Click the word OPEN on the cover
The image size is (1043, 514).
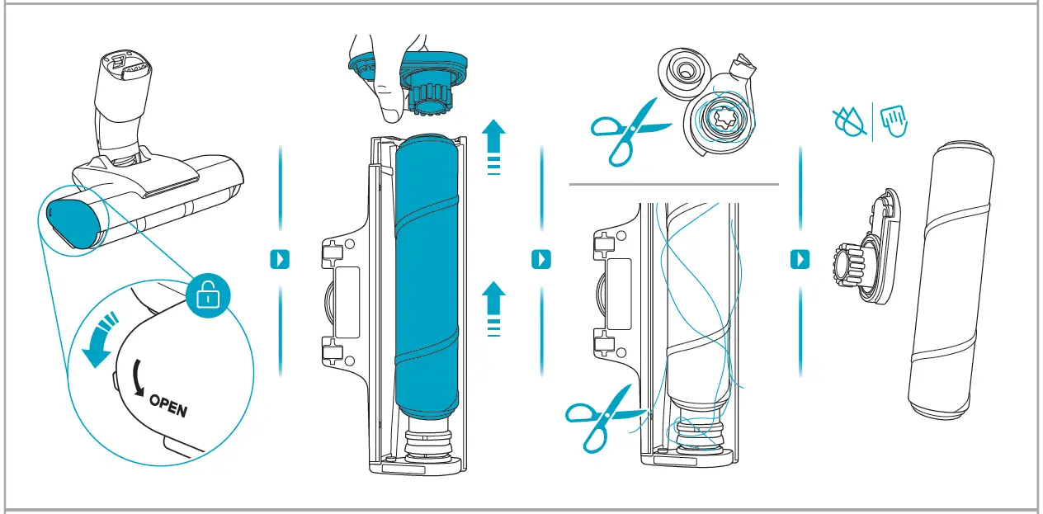click(168, 406)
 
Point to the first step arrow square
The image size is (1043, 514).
click(281, 259)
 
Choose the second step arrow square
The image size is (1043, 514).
click(540, 259)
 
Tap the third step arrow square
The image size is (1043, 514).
click(800, 259)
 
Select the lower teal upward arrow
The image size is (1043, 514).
click(493, 306)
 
